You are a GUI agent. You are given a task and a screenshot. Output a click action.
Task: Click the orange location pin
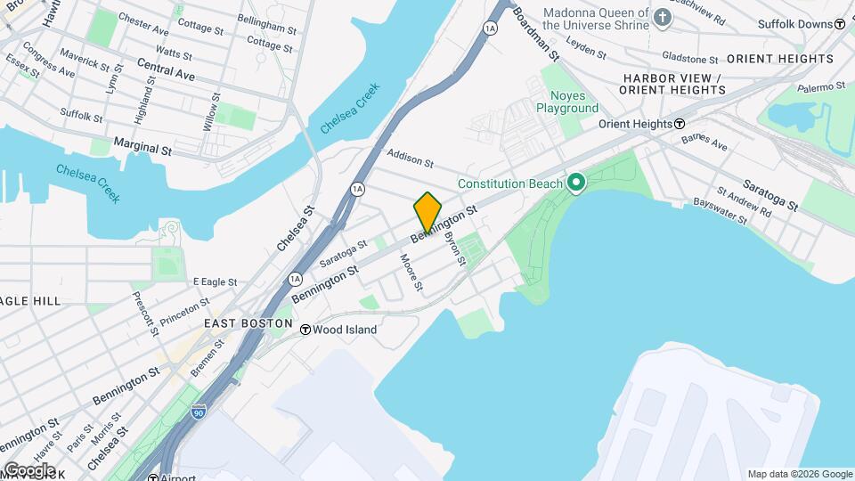427,212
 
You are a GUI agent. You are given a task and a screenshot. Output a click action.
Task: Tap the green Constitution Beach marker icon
575,184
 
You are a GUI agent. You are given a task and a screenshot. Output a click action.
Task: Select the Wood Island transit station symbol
305,330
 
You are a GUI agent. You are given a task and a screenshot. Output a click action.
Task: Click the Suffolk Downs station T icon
839,24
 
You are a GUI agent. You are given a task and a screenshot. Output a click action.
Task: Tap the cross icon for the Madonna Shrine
662,16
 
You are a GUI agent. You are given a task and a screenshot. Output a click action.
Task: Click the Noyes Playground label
566,102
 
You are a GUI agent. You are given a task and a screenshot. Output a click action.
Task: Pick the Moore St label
411,273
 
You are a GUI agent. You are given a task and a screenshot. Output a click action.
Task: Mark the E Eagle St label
215,281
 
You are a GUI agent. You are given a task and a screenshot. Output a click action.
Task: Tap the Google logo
28,470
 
